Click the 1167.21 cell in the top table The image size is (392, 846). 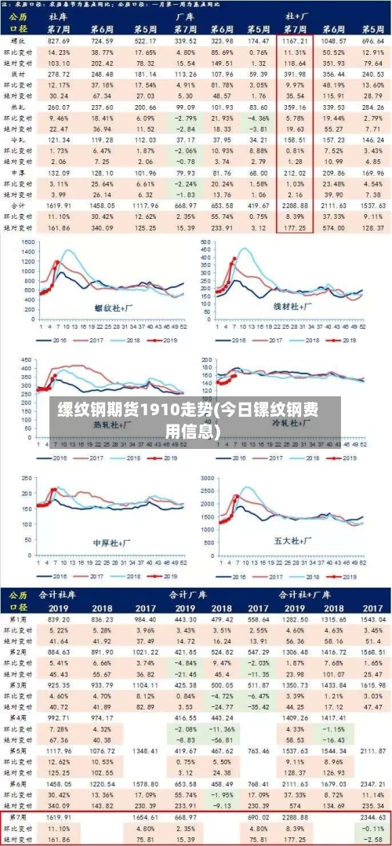(296, 39)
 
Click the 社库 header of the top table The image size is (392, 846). (58, 15)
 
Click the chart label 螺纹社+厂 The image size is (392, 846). (114, 308)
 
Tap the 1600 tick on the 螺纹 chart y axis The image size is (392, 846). (27, 242)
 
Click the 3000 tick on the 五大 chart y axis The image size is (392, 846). (207, 477)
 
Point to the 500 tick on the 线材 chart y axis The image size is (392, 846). (207, 242)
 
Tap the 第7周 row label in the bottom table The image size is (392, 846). (17, 817)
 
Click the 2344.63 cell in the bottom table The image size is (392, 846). (371, 817)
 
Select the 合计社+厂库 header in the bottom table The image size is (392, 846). (325, 594)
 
